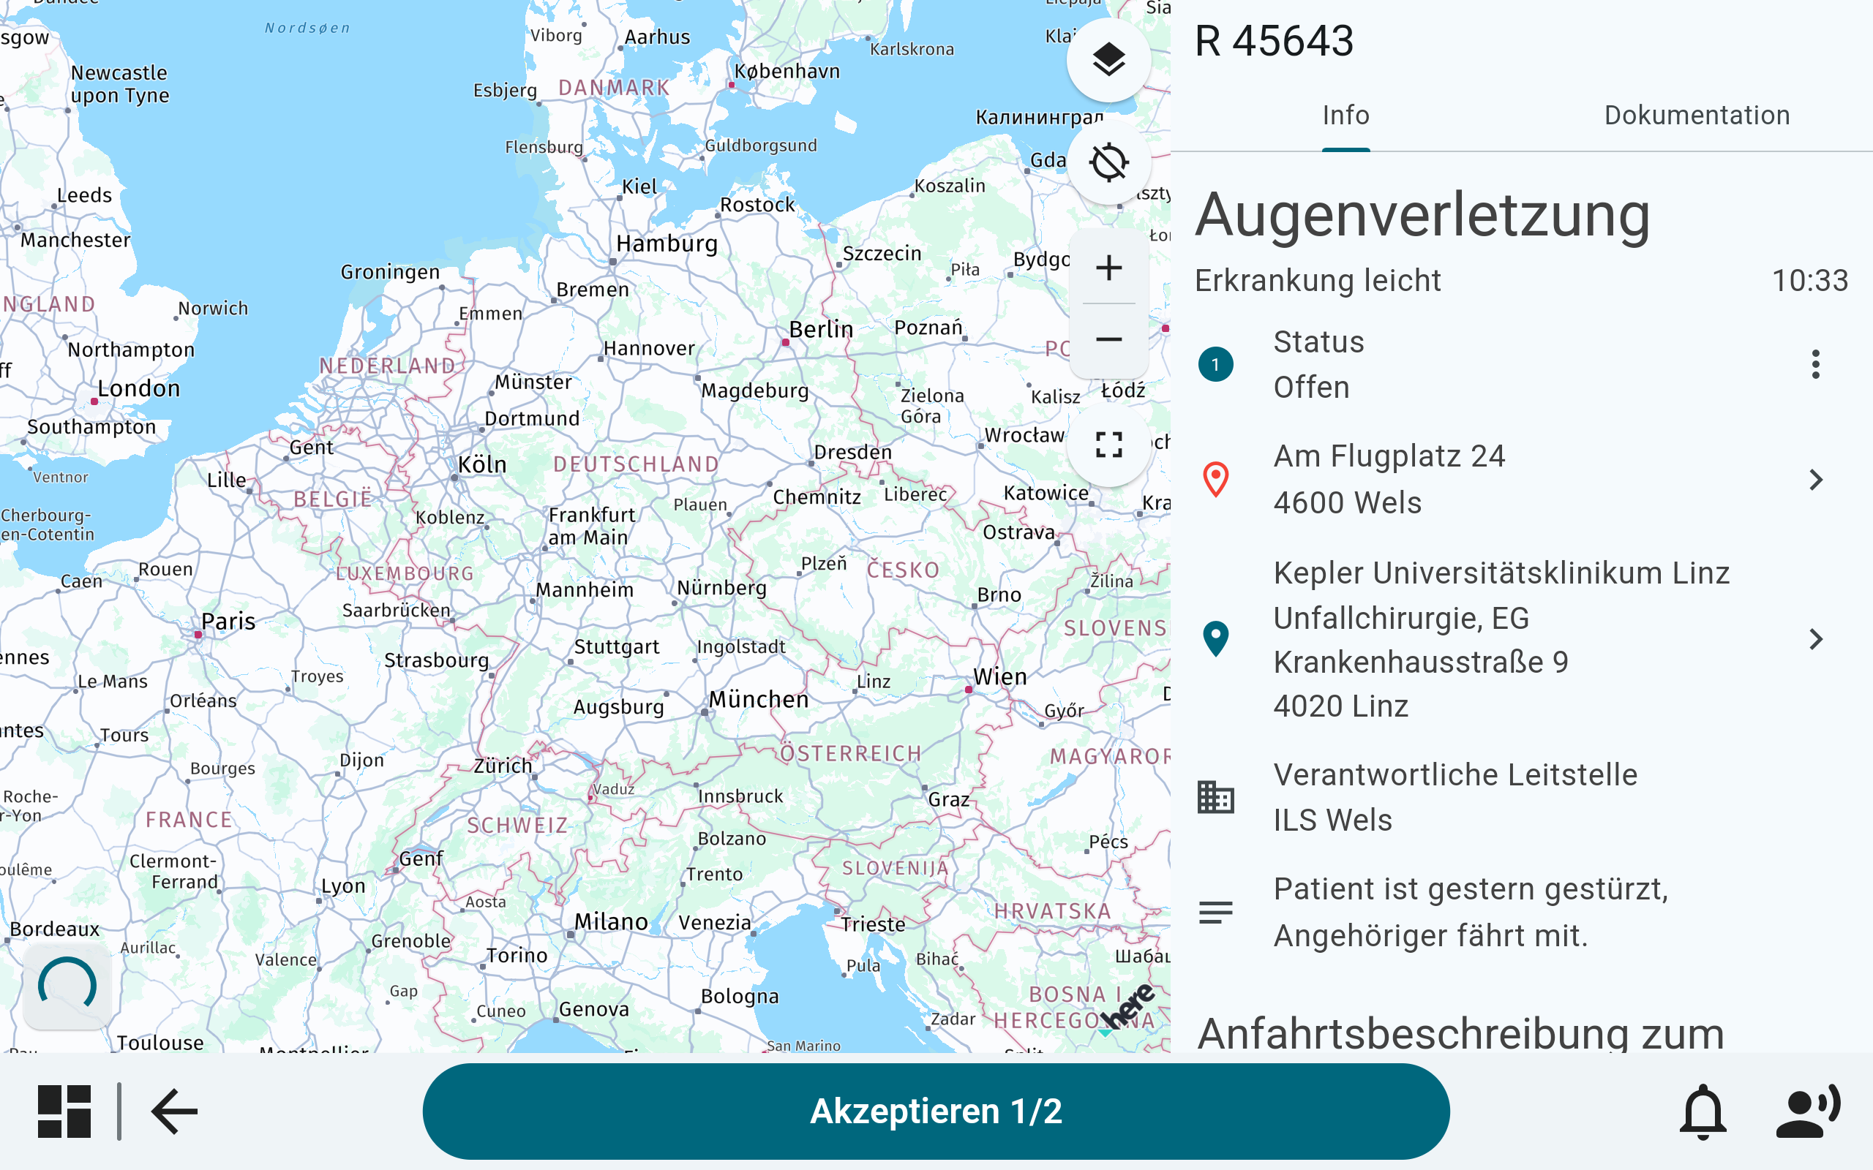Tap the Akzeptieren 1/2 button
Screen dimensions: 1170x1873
point(935,1111)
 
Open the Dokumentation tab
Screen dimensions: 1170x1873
point(1697,116)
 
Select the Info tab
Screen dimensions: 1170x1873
point(1345,116)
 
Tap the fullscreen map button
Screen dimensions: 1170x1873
point(1108,445)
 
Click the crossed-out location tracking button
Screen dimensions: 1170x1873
point(1108,162)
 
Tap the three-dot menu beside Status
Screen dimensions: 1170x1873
point(1815,364)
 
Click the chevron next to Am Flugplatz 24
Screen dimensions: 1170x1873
point(1816,480)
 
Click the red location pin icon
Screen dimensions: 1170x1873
point(1215,480)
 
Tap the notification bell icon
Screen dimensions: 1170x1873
point(1703,1112)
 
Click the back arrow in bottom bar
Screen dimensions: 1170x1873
point(175,1112)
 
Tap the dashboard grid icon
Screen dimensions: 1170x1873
point(64,1112)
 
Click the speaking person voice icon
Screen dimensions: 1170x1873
point(1808,1112)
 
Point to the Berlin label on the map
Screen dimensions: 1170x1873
point(820,330)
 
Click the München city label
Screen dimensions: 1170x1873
point(759,700)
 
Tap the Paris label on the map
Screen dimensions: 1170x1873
point(228,622)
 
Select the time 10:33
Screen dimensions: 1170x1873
point(1809,280)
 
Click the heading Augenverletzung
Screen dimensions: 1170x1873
point(1422,215)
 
